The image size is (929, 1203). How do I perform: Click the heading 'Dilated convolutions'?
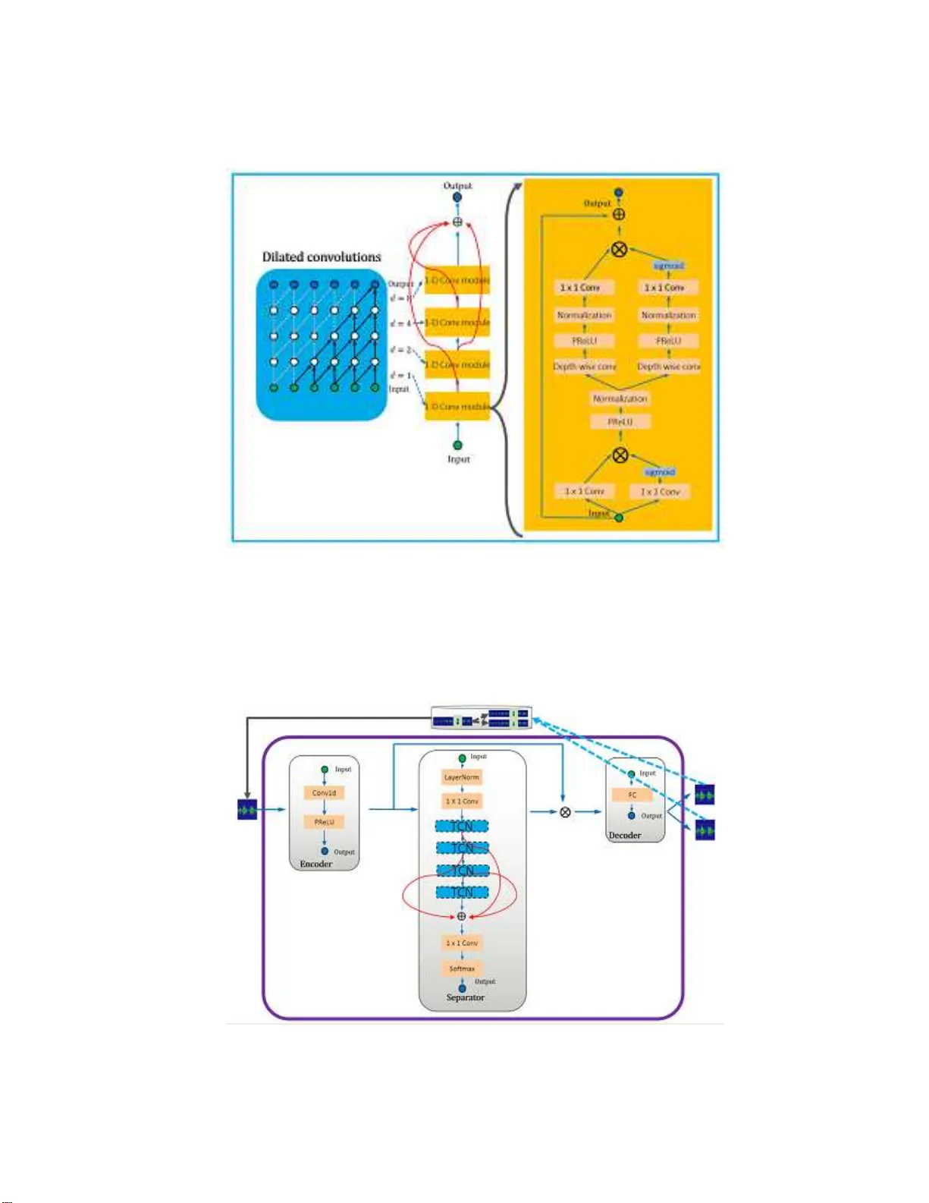pos(322,257)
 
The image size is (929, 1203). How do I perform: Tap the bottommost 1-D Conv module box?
pos(457,407)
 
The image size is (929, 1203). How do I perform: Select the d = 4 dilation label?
pos(400,323)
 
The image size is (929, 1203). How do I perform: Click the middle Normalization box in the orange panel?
pos(620,398)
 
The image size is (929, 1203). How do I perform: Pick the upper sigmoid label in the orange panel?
pos(669,266)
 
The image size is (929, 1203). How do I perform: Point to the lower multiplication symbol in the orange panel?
pos(620,455)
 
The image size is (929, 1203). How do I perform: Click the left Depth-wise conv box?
pos(584,367)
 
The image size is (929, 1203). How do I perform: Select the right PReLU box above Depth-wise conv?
pos(668,341)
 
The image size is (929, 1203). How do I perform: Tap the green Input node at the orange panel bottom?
pos(619,518)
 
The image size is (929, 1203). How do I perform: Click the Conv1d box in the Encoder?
pos(325,792)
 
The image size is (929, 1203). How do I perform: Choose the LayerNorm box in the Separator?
pos(462,777)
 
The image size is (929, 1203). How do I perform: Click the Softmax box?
pos(462,968)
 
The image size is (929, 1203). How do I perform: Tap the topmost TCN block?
pos(462,826)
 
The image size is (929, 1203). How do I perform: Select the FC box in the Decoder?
pos(632,795)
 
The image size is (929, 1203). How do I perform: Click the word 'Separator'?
pos(465,997)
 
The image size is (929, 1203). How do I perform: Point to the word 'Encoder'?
pos(315,864)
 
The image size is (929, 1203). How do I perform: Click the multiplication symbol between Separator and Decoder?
pos(565,812)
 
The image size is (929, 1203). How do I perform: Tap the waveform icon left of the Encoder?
pos(247,810)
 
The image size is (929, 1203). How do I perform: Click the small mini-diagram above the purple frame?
pos(481,717)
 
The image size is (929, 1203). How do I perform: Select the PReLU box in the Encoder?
pos(325,822)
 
